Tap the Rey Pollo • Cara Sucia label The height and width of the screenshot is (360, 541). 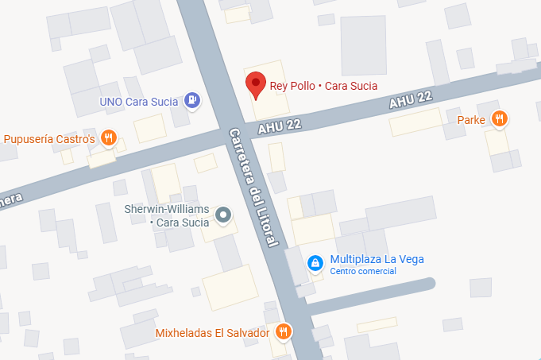(x=323, y=86)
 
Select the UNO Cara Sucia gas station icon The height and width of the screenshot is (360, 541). (x=191, y=100)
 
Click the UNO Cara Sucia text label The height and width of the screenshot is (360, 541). (x=137, y=102)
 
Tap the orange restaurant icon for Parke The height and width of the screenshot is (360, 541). (x=499, y=119)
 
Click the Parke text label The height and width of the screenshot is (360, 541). (x=471, y=120)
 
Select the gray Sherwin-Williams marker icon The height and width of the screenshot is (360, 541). (x=224, y=214)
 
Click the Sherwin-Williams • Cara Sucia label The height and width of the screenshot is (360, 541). (x=167, y=215)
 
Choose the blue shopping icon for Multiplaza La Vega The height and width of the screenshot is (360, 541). (x=315, y=261)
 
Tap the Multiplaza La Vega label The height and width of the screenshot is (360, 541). (x=377, y=259)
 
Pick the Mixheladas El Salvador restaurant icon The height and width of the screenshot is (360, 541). (x=283, y=331)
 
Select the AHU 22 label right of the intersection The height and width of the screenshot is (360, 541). (x=412, y=100)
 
